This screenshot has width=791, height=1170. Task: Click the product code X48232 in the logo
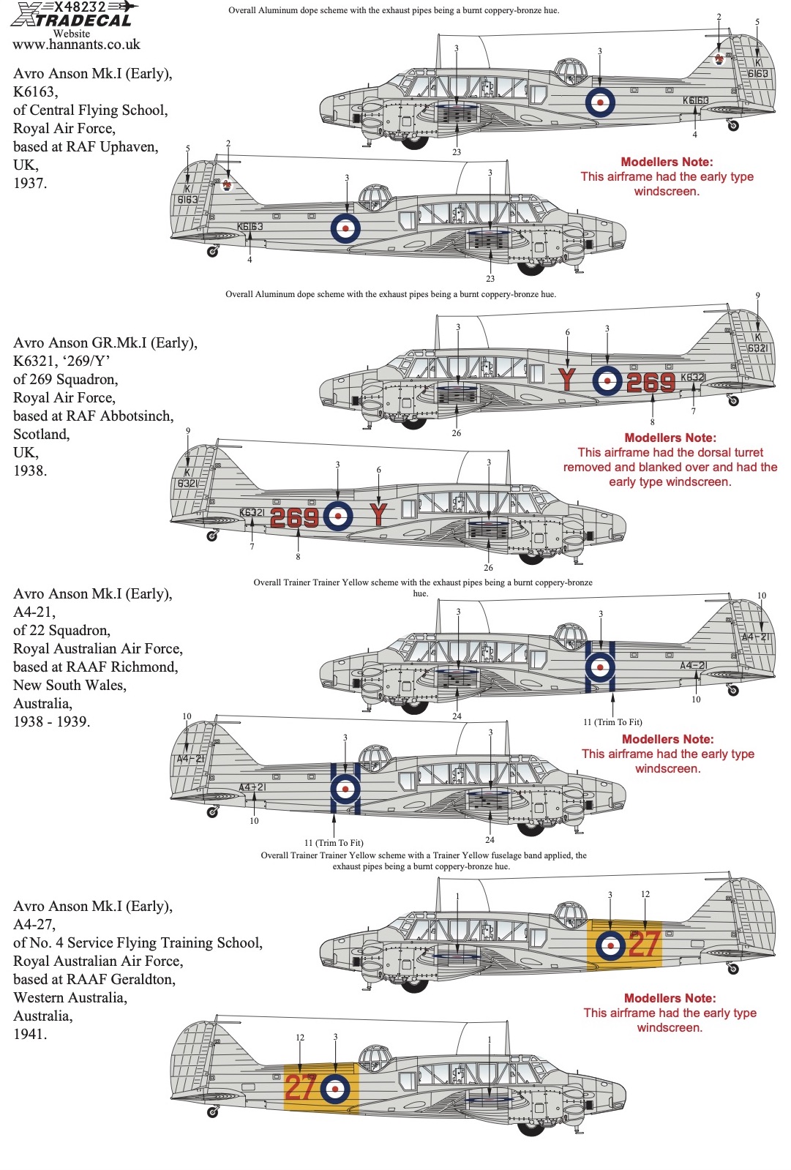click(x=80, y=7)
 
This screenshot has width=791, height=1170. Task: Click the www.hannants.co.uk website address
click(x=76, y=45)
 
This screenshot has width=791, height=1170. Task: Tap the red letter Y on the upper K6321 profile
click(x=567, y=380)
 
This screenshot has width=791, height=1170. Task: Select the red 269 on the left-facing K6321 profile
click(x=295, y=517)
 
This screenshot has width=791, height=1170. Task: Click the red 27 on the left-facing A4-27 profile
click(x=301, y=1087)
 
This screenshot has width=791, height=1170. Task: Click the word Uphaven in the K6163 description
click(x=129, y=147)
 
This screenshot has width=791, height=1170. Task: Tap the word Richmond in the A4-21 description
click(x=146, y=667)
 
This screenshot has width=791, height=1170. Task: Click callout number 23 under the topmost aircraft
click(x=457, y=152)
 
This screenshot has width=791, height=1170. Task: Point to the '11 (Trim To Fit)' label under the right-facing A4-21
click(x=612, y=722)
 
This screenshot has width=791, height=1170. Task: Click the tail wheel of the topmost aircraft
click(x=733, y=125)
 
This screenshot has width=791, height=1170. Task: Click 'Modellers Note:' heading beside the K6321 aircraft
click(x=670, y=438)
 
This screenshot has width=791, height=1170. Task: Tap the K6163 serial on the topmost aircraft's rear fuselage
click(x=696, y=100)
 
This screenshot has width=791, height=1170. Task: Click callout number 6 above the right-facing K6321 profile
click(x=567, y=332)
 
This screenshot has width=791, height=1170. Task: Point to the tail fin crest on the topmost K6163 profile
click(x=719, y=59)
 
